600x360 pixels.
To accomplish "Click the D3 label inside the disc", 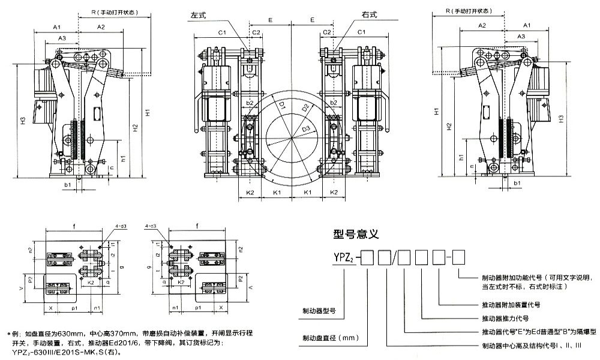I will point(305,128).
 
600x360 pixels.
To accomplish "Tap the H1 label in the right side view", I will point(436,112).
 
